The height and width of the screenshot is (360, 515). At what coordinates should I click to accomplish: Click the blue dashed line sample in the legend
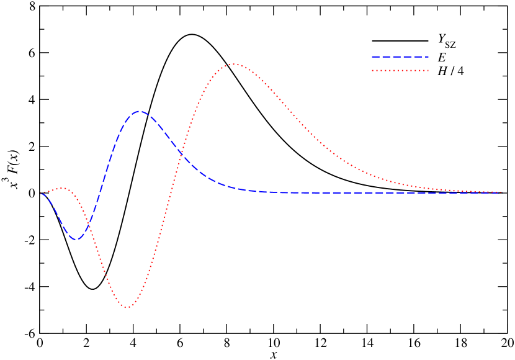[x=400, y=56]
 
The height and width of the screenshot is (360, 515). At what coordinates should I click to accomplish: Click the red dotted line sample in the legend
[x=400, y=71]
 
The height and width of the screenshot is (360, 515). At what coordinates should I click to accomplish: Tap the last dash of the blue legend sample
[x=426, y=56]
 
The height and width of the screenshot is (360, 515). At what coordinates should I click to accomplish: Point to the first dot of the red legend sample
[x=373, y=71]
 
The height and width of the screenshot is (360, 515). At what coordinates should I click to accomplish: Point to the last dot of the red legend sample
[x=428, y=71]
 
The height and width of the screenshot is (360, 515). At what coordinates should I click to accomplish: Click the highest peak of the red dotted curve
[x=233, y=64]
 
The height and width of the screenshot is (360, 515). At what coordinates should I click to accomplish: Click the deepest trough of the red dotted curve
[x=127, y=307]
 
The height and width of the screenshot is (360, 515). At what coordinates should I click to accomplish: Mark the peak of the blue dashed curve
[x=140, y=112]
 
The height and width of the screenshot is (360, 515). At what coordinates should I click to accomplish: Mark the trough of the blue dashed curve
[x=76, y=239]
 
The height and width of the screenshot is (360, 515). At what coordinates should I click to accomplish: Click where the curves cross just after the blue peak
[x=181, y=153]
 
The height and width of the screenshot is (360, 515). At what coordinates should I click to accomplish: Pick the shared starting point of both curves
[x=42, y=194]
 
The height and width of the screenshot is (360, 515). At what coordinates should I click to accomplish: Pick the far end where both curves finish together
[x=499, y=192]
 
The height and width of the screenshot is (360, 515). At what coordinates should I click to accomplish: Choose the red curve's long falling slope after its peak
[x=310, y=133]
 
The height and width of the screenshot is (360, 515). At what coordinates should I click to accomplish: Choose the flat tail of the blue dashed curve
[x=372, y=193]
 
